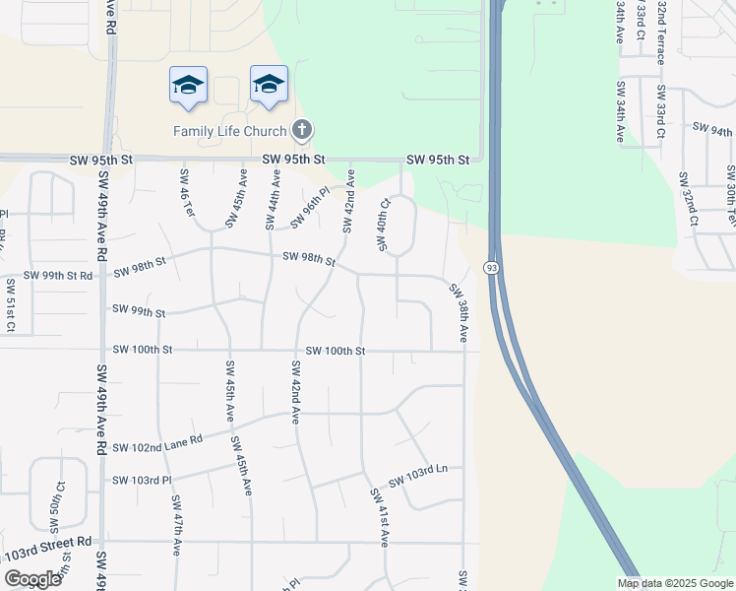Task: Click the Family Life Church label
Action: coord(229,130)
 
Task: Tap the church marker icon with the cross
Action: coord(302,129)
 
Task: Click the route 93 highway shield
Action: coord(489,268)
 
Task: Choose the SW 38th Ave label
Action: coord(460,312)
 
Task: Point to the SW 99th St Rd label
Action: coord(58,276)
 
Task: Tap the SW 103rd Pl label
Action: coord(143,480)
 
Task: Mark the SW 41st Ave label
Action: coord(380,517)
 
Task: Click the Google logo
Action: coord(32,578)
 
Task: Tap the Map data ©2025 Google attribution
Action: coord(675,583)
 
